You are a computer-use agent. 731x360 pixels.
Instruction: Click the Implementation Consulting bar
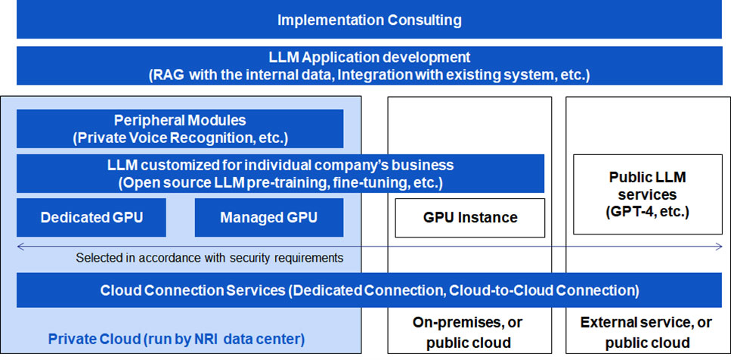click(x=369, y=20)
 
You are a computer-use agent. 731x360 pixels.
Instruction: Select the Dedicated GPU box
click(x=91, y=217)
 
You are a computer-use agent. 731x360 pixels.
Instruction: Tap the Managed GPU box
click(x=269, y=217)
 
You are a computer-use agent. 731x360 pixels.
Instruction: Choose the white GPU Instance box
click(x=470, y=218)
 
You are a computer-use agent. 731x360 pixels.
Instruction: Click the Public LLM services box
click(x=648, y=194)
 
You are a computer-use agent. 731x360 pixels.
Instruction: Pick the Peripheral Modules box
click(x=180, y=129)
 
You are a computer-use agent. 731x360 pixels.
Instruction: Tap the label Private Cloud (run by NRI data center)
click(x=177, y=339)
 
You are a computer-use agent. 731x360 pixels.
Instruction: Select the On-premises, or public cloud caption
click(x=469, y=333)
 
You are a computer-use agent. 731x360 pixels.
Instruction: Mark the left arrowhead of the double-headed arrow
click(x=19, y=247)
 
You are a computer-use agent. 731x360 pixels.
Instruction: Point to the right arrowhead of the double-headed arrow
click(x=720, y=247)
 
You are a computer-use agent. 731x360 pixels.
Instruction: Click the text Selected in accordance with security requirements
click(x=210, y=257)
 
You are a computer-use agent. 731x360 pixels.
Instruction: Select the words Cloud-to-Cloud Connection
click(x=541, y=290)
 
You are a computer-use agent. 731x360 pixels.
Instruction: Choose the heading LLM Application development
click(x=369, y=57)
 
